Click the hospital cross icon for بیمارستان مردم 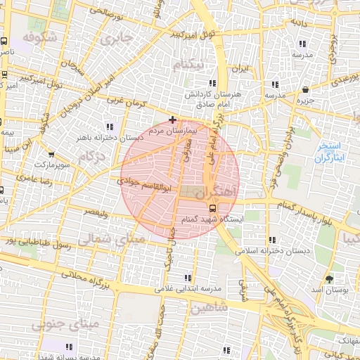[173, 120]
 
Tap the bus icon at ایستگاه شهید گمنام [213, 207]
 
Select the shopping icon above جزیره [305, 89]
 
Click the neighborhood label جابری [117, 39]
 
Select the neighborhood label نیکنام [191, 65]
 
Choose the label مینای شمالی [109, 240]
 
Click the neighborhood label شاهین [204, 307]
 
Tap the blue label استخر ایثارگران [329, 151]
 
